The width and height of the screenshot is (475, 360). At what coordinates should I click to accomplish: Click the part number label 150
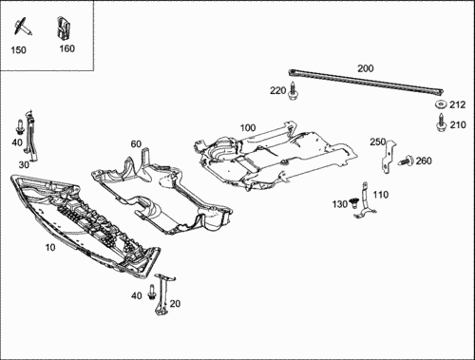click(18, 50)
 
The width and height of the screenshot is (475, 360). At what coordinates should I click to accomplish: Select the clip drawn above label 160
click(64, 28)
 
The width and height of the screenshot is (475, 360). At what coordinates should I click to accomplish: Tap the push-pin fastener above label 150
click(22, 27)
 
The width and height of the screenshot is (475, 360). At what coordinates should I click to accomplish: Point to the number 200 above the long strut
click(366, 68)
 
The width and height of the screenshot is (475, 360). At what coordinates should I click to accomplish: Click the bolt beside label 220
click(293, 90)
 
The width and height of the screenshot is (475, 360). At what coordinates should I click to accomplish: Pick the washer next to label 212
click(440, 104)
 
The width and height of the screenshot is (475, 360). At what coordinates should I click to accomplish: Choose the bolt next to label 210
click(441, 123)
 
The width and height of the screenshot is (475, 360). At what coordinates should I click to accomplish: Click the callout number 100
click(248, 128)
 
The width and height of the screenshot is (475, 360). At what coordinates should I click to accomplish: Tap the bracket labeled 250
click(389, 157)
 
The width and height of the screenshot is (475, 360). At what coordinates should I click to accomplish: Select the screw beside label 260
click(407, 161)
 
